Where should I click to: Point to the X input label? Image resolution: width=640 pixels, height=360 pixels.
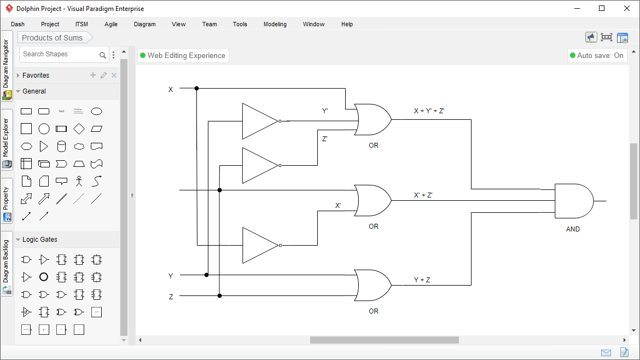(x=171, y=89)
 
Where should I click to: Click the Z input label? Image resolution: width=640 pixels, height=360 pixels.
(x=171, y=297)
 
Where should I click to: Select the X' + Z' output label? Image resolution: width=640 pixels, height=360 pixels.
(x=423, y=195)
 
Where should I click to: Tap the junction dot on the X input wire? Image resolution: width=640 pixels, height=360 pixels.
(x=196, y=88)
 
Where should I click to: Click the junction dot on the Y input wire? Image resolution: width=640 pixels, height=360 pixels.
(x=207, y=275)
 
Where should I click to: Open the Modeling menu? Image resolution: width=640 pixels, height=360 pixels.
(x=275, y=24)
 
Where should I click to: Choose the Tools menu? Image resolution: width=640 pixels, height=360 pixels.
(x=240, y=24)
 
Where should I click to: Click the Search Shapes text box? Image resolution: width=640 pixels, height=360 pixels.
(x=59, y=54)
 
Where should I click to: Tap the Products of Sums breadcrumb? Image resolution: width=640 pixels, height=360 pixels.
(x=53, y=38)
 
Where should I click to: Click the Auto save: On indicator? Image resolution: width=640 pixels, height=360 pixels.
(x=596, y=55)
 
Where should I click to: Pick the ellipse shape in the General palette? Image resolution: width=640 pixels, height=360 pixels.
(x=96, y=111)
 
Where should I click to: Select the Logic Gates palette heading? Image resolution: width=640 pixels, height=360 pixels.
(x=40, y=240)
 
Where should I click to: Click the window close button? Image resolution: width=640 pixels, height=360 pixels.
(x=627, y=8)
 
